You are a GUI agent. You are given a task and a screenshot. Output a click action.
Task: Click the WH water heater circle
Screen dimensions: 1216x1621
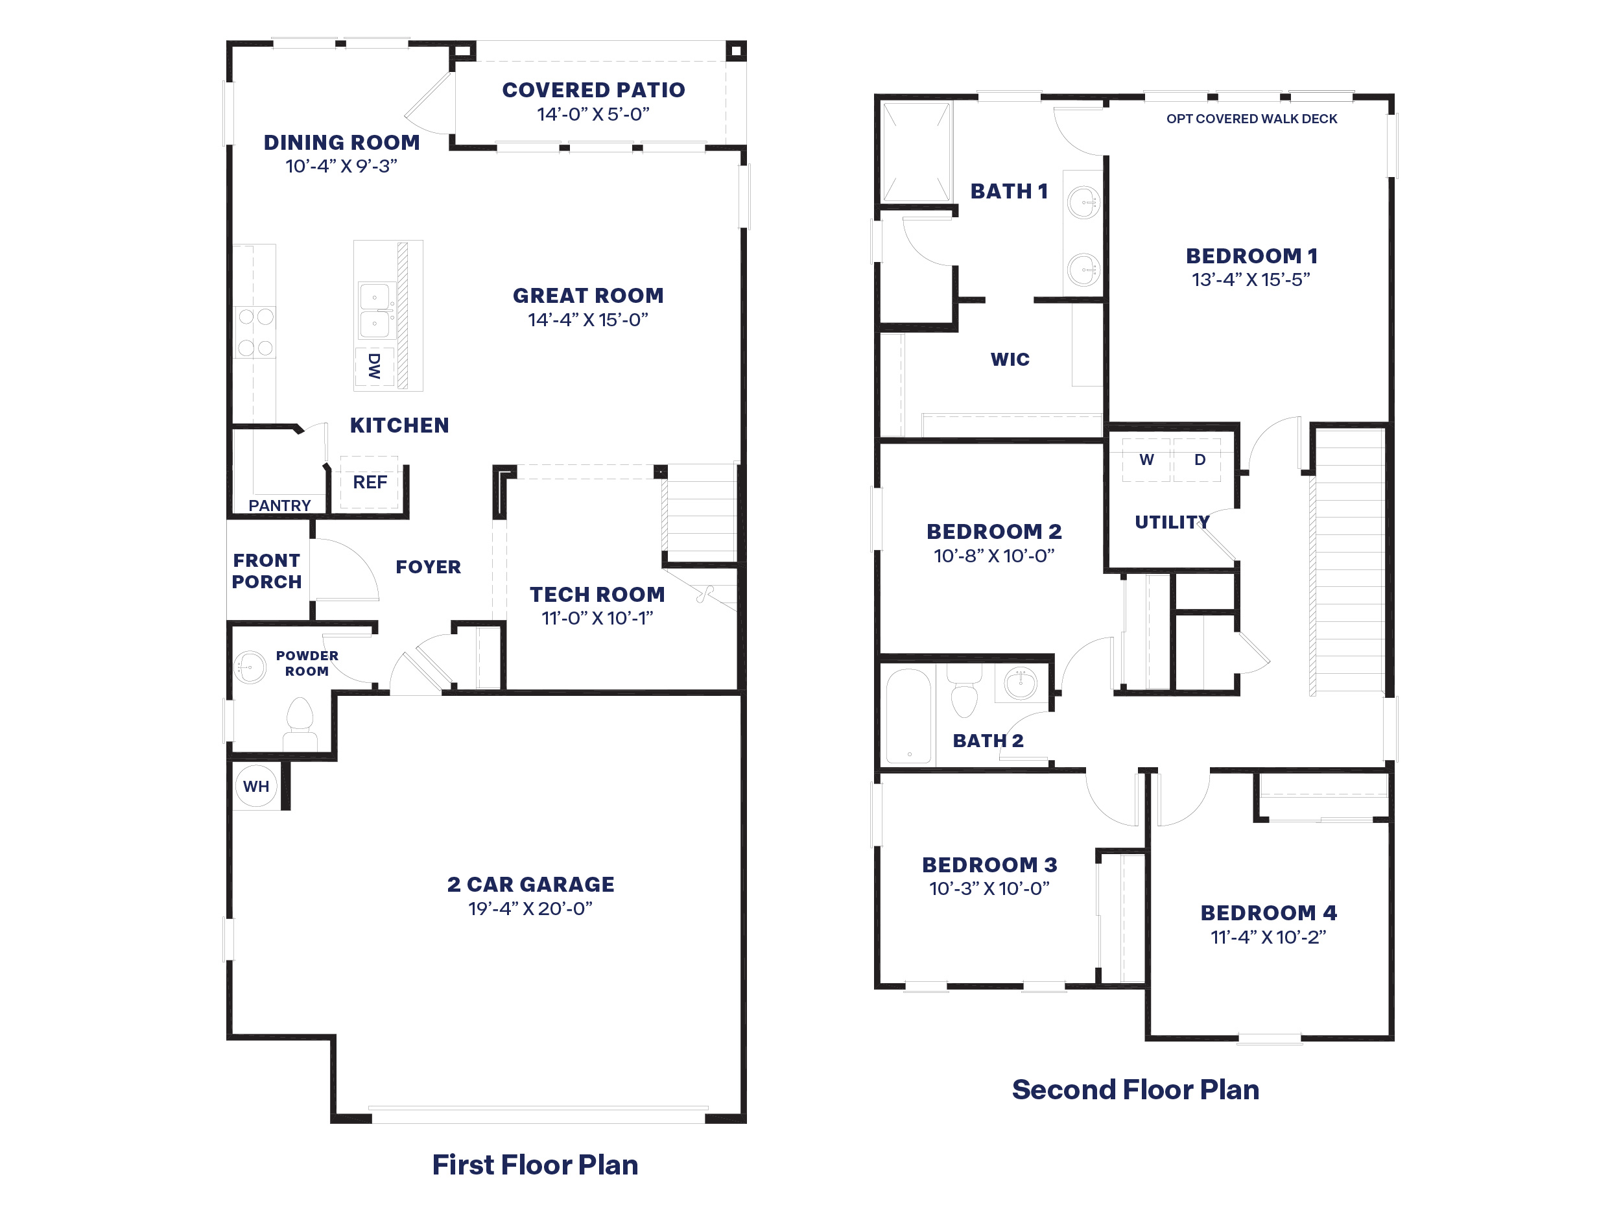[x=255, y=786]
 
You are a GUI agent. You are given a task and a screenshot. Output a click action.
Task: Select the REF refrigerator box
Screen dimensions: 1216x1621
[x=370, y=483]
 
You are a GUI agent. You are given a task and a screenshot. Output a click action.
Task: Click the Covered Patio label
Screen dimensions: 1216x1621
[x=593, y=90]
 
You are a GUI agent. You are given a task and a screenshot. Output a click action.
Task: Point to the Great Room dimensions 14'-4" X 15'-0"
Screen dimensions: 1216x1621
[x=587, y=320]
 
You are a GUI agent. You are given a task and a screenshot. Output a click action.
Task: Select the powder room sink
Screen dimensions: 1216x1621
[x=249, y=667]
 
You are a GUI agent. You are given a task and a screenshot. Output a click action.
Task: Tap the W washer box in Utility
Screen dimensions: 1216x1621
[x=1146, y=460]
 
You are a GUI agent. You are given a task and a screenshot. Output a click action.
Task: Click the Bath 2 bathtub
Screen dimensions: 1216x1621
[x=908, y=715]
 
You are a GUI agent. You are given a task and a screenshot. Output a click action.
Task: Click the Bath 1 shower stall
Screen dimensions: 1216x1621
[x=916, y=152]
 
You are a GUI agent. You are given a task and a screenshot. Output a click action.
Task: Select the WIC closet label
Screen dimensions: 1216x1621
[x=1010, y=359]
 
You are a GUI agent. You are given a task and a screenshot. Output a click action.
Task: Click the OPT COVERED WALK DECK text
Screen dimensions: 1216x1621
[x=1251, y=119]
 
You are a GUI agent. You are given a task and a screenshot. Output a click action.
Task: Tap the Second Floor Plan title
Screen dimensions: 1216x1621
[x=1135, y=1090]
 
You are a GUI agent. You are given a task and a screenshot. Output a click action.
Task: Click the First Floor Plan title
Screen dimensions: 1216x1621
[x=534, y=1165]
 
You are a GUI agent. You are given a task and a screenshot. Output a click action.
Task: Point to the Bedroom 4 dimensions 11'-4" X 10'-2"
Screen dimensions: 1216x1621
[x=1268, y=936]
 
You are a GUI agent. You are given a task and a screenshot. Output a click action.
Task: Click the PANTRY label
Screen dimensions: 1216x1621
[x=279, y=505]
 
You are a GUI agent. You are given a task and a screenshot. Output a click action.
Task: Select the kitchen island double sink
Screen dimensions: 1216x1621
[x=375, y=310]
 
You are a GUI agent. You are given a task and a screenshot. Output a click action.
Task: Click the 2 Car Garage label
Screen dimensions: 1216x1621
[x=530, y=884]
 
